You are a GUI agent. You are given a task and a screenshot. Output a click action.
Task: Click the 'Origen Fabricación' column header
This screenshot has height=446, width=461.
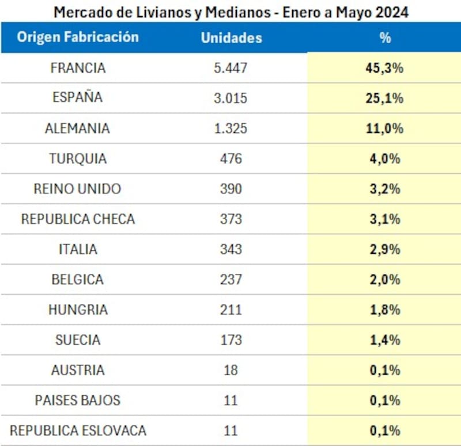(x=78, y=37)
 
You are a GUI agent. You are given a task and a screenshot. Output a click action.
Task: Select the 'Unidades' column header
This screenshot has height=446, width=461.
(x=231, y=38)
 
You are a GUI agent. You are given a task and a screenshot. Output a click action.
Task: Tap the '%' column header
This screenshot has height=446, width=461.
(x=385, y=38)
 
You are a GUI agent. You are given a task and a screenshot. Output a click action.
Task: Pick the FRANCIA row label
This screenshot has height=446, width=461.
(x=78, y=68)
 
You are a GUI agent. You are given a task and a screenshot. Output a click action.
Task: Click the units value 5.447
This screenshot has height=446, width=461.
(x=231, y=68)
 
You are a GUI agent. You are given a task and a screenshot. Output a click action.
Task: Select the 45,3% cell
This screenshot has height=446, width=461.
(x=385, y=68)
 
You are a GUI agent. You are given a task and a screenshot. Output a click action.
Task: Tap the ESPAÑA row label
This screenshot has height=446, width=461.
(x=78, y=98)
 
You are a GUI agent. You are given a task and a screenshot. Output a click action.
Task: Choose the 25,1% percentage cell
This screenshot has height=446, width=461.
(x=385, y=98)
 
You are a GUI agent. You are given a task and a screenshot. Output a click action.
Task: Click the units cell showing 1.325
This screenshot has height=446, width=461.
(x=231, y=128)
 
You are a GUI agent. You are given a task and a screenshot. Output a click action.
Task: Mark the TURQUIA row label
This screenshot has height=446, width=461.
(x=78, y=158)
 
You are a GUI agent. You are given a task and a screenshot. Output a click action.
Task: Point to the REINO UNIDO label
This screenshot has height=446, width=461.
(x=78, y=189)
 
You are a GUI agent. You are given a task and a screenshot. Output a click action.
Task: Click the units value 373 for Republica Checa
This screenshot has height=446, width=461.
(x=231, y=219)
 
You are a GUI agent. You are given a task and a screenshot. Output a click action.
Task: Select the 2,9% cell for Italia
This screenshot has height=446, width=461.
(x=385, y=249)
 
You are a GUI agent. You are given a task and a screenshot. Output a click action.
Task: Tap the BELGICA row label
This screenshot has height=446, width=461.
(x=78, y=280)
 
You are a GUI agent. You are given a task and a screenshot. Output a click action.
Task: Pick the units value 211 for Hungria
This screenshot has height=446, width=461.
(x=231, y=310)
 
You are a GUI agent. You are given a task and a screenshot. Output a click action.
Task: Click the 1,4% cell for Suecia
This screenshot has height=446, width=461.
(x=385, y=340)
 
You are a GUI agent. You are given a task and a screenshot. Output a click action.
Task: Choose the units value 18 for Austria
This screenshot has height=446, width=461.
(x=231, y=370)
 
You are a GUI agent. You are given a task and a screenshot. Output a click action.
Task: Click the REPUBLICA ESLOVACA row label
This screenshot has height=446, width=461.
(x=78, y=430)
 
